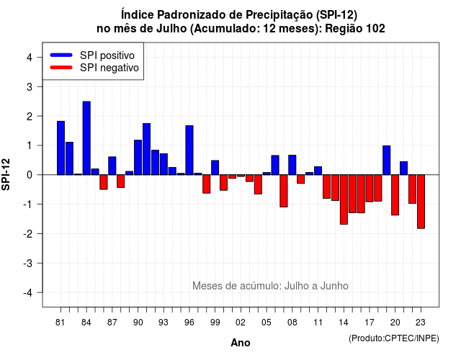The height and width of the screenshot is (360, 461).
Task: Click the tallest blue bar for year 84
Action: (86, 138)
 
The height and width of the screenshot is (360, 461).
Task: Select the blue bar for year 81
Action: (61, 148)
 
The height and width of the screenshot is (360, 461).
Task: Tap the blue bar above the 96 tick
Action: (189, 150)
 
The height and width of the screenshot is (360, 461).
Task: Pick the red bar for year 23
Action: (421, 202)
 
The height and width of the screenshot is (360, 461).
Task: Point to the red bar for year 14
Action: (344, 199)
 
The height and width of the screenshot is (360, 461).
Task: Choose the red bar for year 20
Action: (395, 195)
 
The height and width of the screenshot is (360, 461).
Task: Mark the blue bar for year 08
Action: (292, 165)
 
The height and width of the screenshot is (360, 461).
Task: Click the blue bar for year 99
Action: (215, 168)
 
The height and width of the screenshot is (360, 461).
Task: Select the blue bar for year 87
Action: (112, 166)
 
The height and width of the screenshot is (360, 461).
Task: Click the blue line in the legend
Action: (61, 55)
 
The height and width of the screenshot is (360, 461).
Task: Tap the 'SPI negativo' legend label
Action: (109, 68)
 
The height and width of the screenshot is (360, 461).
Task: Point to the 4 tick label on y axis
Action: (30, 58)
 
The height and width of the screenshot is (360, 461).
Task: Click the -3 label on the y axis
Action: (27, 264)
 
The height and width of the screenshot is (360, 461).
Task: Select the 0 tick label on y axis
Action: (30, 175)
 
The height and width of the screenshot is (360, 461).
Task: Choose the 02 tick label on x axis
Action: (241, 323)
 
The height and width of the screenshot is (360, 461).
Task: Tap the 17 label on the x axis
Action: (370, 323)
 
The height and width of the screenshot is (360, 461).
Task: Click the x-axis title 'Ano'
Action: (241, 343)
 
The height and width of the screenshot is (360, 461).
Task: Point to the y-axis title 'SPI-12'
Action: (6, 174)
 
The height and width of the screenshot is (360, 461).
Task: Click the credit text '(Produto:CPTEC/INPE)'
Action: (394, 338)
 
